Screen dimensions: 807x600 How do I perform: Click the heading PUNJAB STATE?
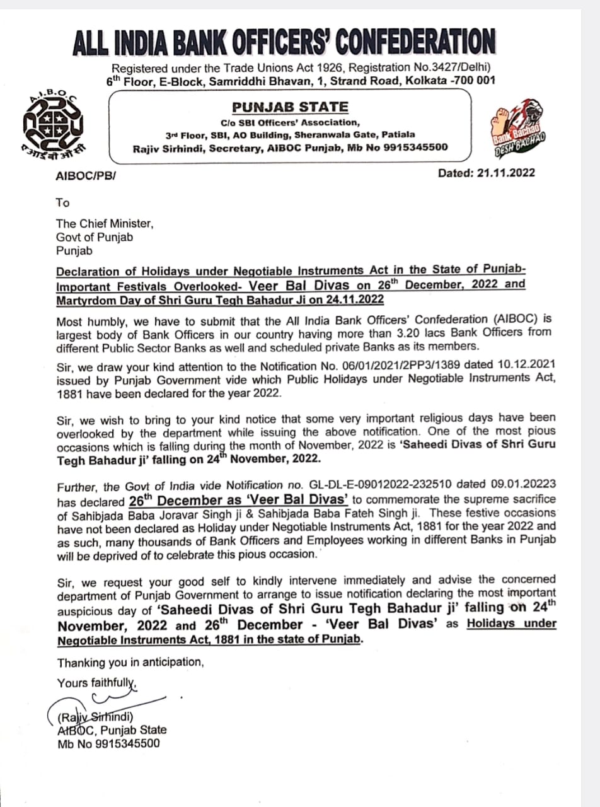pyautogui.click(x=289, y=107)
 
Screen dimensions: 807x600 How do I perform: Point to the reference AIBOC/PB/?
pyautogui.click(x=85, y=175)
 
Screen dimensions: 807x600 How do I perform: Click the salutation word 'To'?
pyautogui.click(x=62, y=202)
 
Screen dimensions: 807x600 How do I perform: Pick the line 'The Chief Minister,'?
pyautogui.click(x=104, y=223)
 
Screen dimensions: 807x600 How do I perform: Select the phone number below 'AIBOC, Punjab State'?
pyautogui.click(x=108, y=743)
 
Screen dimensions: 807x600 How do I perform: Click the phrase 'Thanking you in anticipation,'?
pyautogui.click(x=130, y=663)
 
